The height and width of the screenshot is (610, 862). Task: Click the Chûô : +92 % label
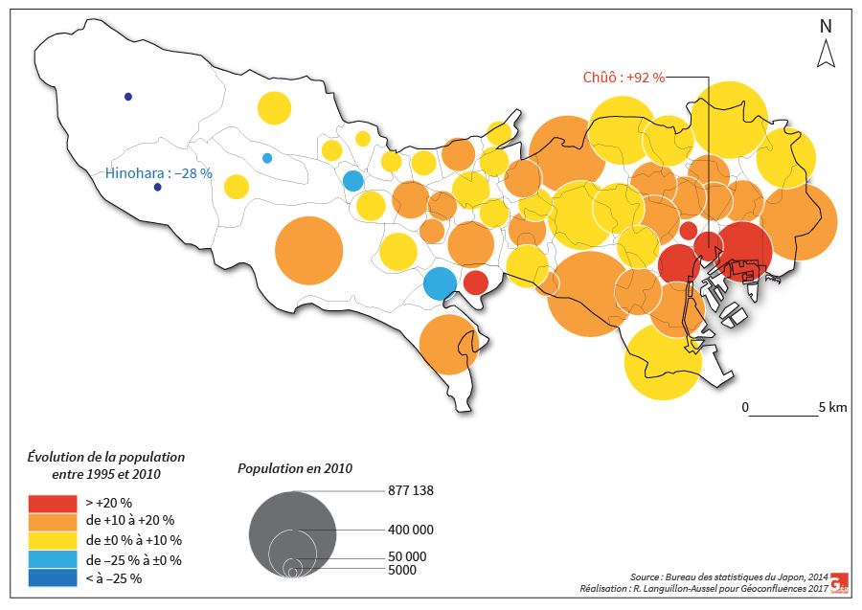pos(624,78)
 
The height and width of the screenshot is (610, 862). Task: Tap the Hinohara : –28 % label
pos(157,173)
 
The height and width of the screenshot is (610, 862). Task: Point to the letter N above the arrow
pos(825,27)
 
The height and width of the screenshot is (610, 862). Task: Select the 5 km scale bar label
pos(832,407)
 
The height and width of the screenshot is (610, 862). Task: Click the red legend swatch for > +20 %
pos(52,502)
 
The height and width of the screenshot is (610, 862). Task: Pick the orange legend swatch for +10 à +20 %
pos(52,521)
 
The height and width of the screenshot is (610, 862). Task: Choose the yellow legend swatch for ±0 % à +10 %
pos(52,540)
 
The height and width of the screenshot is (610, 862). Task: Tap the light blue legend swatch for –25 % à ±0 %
pos(52,559)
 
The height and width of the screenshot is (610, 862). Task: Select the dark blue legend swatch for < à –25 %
pos(52,578)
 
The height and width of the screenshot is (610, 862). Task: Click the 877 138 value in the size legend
pos(411,490)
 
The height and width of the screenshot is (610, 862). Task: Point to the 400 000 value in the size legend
pos(411,529)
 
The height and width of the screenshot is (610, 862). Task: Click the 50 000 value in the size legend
pos(407,556)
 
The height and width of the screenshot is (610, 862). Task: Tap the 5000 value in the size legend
pos(402,570)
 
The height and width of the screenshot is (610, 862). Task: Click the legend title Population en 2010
pos(295,468)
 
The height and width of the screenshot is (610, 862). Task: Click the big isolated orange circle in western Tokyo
pos(308,251)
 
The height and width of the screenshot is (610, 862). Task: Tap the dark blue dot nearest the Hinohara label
pos(158,188)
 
